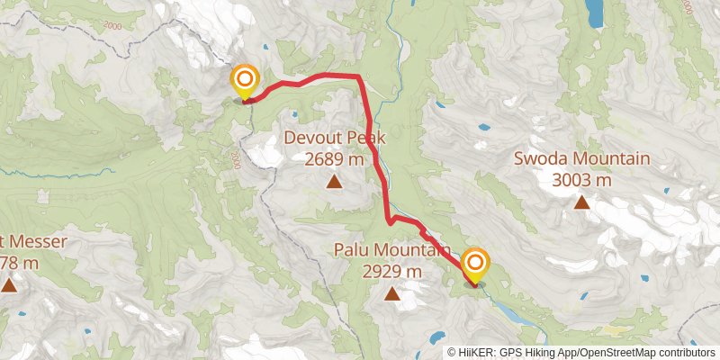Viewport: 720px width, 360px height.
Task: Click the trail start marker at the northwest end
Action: pyautogui.click(x=244, y=80)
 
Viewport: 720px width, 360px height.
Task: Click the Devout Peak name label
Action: pyautogui.click(x=335, y=139)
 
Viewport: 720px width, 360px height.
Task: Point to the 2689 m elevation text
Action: pyautogui.click(x=334, y=159)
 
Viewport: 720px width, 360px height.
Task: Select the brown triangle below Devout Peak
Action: pyautogui.click(x=334, y=183)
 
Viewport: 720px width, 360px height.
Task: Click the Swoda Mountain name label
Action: pyautogui.click(x=581, y=159)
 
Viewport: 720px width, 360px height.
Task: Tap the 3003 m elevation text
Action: pyautogui.click(x=581, y=179)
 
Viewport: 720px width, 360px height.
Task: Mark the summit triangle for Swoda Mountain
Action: pyautogui.click(x=581, y=202)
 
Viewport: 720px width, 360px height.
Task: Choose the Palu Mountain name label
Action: pyautogui.click(x=392, y=249)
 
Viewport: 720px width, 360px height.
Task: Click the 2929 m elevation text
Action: pyautogui.click(x=392, y=270)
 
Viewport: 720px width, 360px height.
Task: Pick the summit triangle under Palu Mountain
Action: pyautogui.click(x=392, y=293)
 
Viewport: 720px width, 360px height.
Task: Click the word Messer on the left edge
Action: pyautogui.click(x=18, y=242)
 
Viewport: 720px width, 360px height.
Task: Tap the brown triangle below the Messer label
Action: pyautogui.click(x=9, y=286)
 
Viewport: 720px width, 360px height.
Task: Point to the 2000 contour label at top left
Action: pyautogui.click(x=111, y=27)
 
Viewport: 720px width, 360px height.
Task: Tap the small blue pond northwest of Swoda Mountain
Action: pyautogui.click(x=483, y=127)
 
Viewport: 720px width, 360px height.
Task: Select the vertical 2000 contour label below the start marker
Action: pyautogui.click(x=235, y=160)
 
